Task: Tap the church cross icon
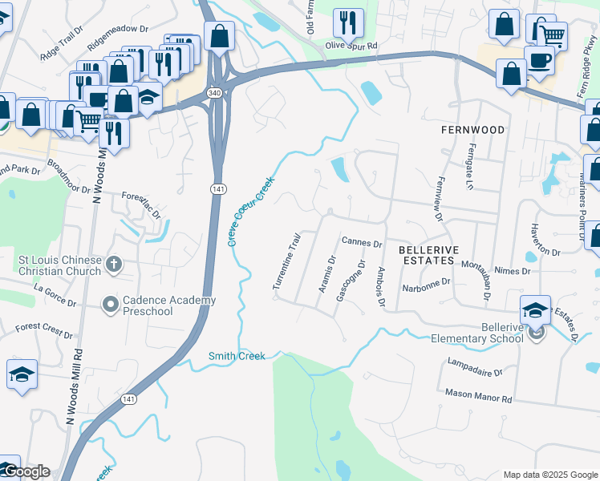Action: coord(113,264)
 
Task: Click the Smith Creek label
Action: coord(237,356)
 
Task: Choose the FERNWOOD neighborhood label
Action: coord(473,129)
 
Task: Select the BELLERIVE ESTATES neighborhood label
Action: coord(427,256)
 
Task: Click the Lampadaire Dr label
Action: coord(475,372)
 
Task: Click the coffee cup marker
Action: coord(538,60)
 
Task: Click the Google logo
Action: coord(26,471)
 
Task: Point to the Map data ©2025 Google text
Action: coord(549,475)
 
